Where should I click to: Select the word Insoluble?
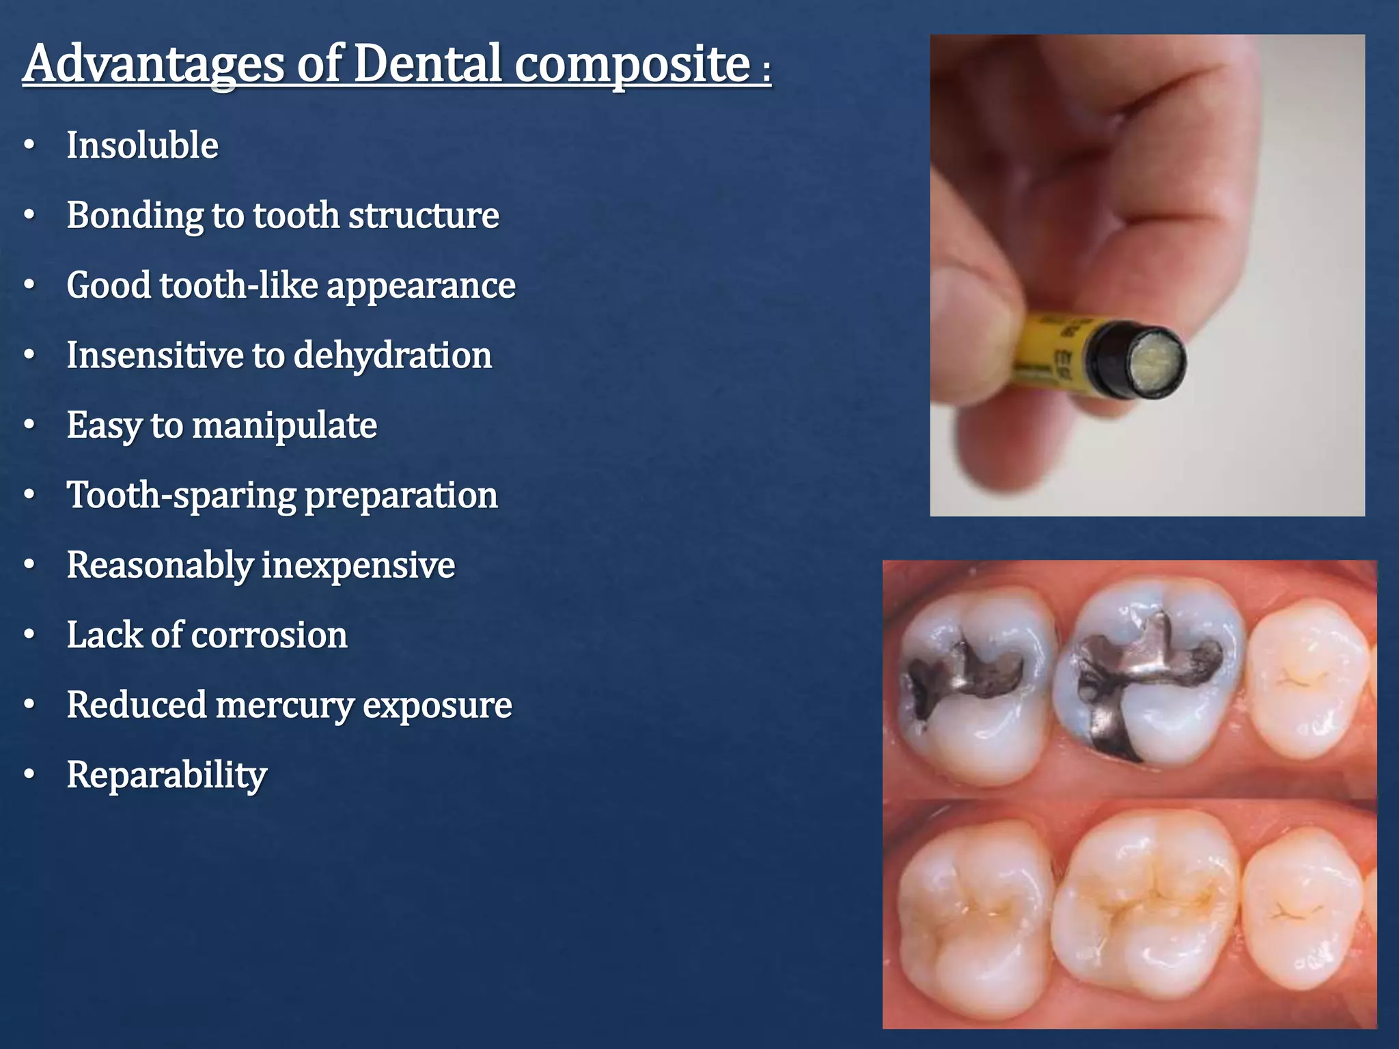click(x=142, y=145)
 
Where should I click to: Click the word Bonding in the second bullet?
click(x=134, y=216)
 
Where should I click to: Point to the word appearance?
click(x=421, y=285)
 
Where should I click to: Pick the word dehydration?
click(x=392, y=355)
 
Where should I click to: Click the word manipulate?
click(x=284, y=425)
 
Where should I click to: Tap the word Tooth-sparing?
click(x=181, y=495)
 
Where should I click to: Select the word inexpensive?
click(x=358, y=565)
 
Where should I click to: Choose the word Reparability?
click(x=166, y=775)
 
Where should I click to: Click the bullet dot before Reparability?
click(x=29, y=775)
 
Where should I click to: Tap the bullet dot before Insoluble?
click(x=29, y=145)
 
